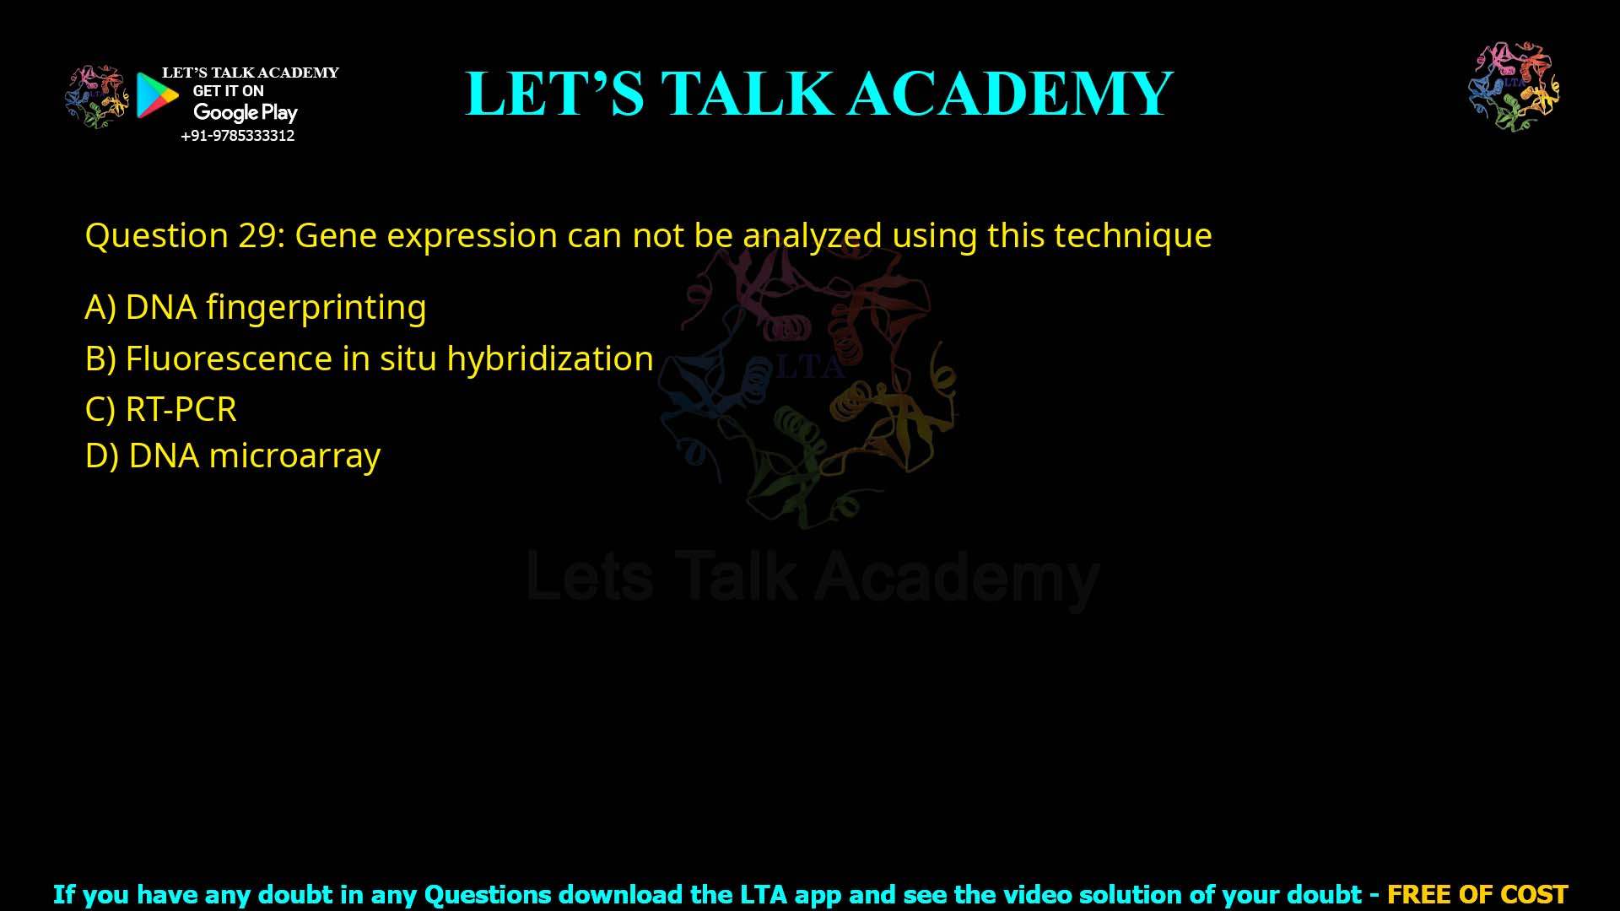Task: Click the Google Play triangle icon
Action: [156, 95]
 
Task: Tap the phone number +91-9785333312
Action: [238, 136]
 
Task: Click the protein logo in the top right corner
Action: [1514, 86]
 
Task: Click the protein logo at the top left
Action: [97, 96]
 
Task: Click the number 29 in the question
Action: [256, 235]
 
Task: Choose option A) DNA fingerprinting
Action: [256, 307]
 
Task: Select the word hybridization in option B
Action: [549, 358]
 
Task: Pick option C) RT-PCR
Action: [161, 409]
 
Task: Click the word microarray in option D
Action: [294, 455]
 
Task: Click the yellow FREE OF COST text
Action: [1477, 894]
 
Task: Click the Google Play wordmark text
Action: [245, 112]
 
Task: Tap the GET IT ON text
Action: [228, 91]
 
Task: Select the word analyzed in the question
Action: [812, 235]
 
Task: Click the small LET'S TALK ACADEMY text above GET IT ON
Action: [250, 73]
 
